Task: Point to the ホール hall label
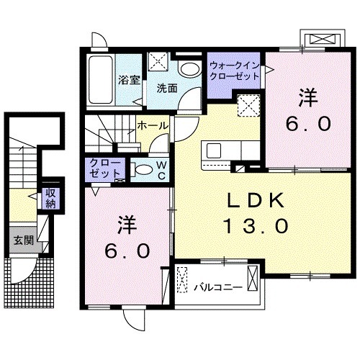coord(153,125)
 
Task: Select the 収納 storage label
coord(50,198)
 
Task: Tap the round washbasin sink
coord(188,69)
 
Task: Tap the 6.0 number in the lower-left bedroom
coord(125,251)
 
